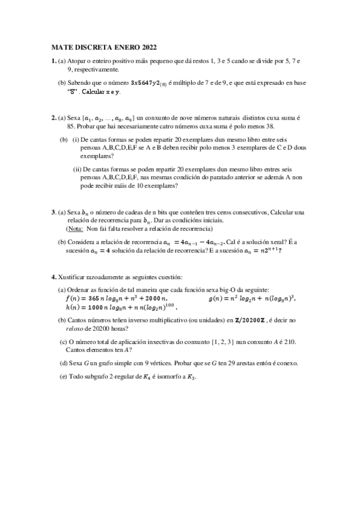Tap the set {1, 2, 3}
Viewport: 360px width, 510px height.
[x=218, y=342]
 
